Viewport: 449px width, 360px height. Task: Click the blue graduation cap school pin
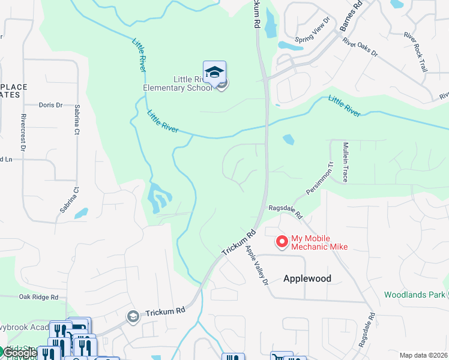tap(214, 72)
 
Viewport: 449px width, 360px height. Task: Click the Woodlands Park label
tap(414, 294)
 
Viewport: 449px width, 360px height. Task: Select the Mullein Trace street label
tap(345, 162)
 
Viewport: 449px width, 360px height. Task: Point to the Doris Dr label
tap(50, 105)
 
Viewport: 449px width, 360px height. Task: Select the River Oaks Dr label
tap(360, 47)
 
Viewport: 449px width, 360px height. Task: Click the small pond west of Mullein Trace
tap(288, 139)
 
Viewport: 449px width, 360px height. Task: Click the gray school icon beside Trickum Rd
tap(133, 316)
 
